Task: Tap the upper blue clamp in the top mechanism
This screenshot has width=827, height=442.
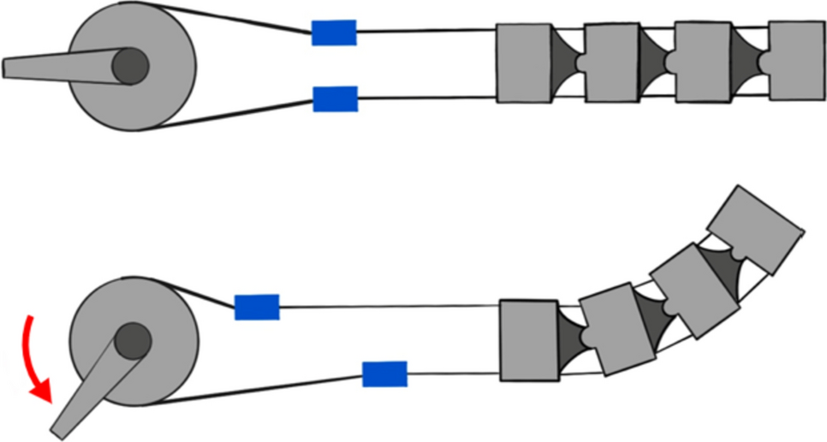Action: pyautogui.click(x=334, y=33)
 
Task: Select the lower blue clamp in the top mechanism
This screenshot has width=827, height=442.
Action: pyautogui.click(x=335, y=99)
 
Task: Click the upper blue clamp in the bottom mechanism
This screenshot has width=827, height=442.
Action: pyautogui.click(x=257, y=307)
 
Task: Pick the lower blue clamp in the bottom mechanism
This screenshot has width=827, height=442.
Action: pyautogui.click(x=384, y=374)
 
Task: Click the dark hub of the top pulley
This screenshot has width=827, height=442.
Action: pyautogui.click(x=130, y=66)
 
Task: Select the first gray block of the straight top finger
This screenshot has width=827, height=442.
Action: pyautogui.click(x=523, y=63)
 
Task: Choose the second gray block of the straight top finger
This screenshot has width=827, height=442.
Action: pyautogui.click(x=612, y=63)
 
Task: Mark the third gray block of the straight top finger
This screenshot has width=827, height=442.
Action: pyautogui.click(x=702, y=62)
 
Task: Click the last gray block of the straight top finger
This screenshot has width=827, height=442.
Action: pyautogui.click(x=797, y=60)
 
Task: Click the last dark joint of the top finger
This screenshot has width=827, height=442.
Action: pyautogui.click(x=748, y=62)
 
